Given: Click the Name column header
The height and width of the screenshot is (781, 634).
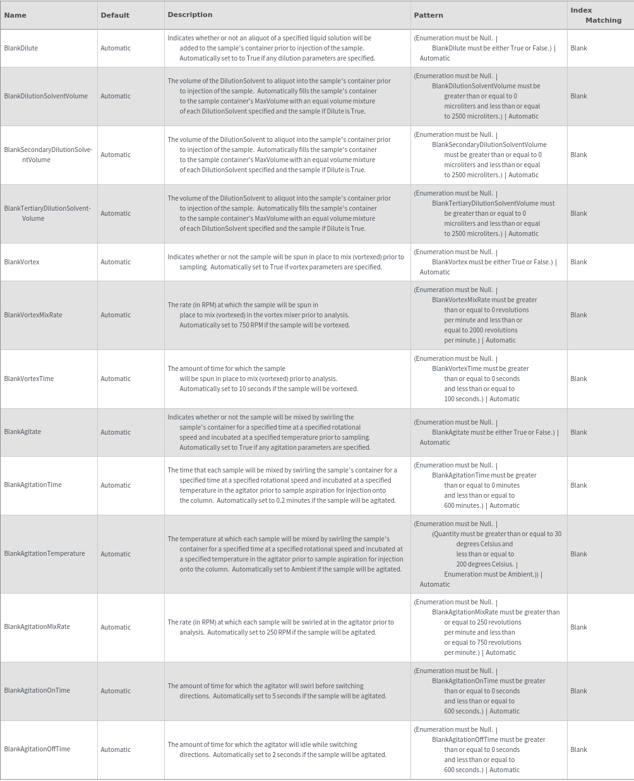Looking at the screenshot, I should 15,15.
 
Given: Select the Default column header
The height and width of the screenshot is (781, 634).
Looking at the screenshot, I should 115,15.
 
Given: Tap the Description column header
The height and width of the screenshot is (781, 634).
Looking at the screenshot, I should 189,15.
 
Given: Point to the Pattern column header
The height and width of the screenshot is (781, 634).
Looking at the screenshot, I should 428,15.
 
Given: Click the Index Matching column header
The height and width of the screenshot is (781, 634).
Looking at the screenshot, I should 595,15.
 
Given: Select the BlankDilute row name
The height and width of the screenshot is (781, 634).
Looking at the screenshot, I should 21,48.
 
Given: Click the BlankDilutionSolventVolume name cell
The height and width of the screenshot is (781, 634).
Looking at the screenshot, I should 45,96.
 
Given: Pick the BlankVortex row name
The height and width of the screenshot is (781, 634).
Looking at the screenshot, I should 21,262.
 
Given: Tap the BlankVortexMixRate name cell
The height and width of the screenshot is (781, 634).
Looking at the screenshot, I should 33,315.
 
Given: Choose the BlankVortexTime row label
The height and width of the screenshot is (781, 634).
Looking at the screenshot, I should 28,379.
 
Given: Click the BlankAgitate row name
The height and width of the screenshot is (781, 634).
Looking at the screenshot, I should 22,432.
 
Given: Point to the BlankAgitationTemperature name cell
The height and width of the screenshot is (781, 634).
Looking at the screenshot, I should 44,553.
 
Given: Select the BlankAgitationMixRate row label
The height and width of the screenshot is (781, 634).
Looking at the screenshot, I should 37,626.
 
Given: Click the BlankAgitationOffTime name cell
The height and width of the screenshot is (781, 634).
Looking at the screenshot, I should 37,749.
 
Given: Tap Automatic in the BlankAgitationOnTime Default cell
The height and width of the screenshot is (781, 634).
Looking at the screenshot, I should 116,691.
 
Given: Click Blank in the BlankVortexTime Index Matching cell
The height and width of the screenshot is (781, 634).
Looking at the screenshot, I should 578,379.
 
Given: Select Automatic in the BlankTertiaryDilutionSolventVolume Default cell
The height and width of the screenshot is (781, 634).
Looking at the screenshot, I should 116,213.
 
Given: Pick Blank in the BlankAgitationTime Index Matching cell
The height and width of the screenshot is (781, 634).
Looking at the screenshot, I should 578,485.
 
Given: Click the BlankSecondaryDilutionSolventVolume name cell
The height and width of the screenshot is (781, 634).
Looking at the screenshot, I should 48,155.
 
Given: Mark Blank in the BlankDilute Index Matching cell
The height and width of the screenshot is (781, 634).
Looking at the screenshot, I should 578,48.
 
